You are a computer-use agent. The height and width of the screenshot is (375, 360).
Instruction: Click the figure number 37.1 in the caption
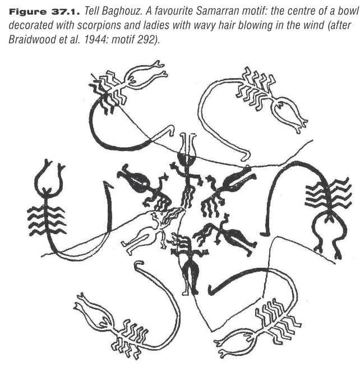click(x=65, y=11)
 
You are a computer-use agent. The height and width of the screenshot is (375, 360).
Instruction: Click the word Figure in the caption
click(x=27, y=11)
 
